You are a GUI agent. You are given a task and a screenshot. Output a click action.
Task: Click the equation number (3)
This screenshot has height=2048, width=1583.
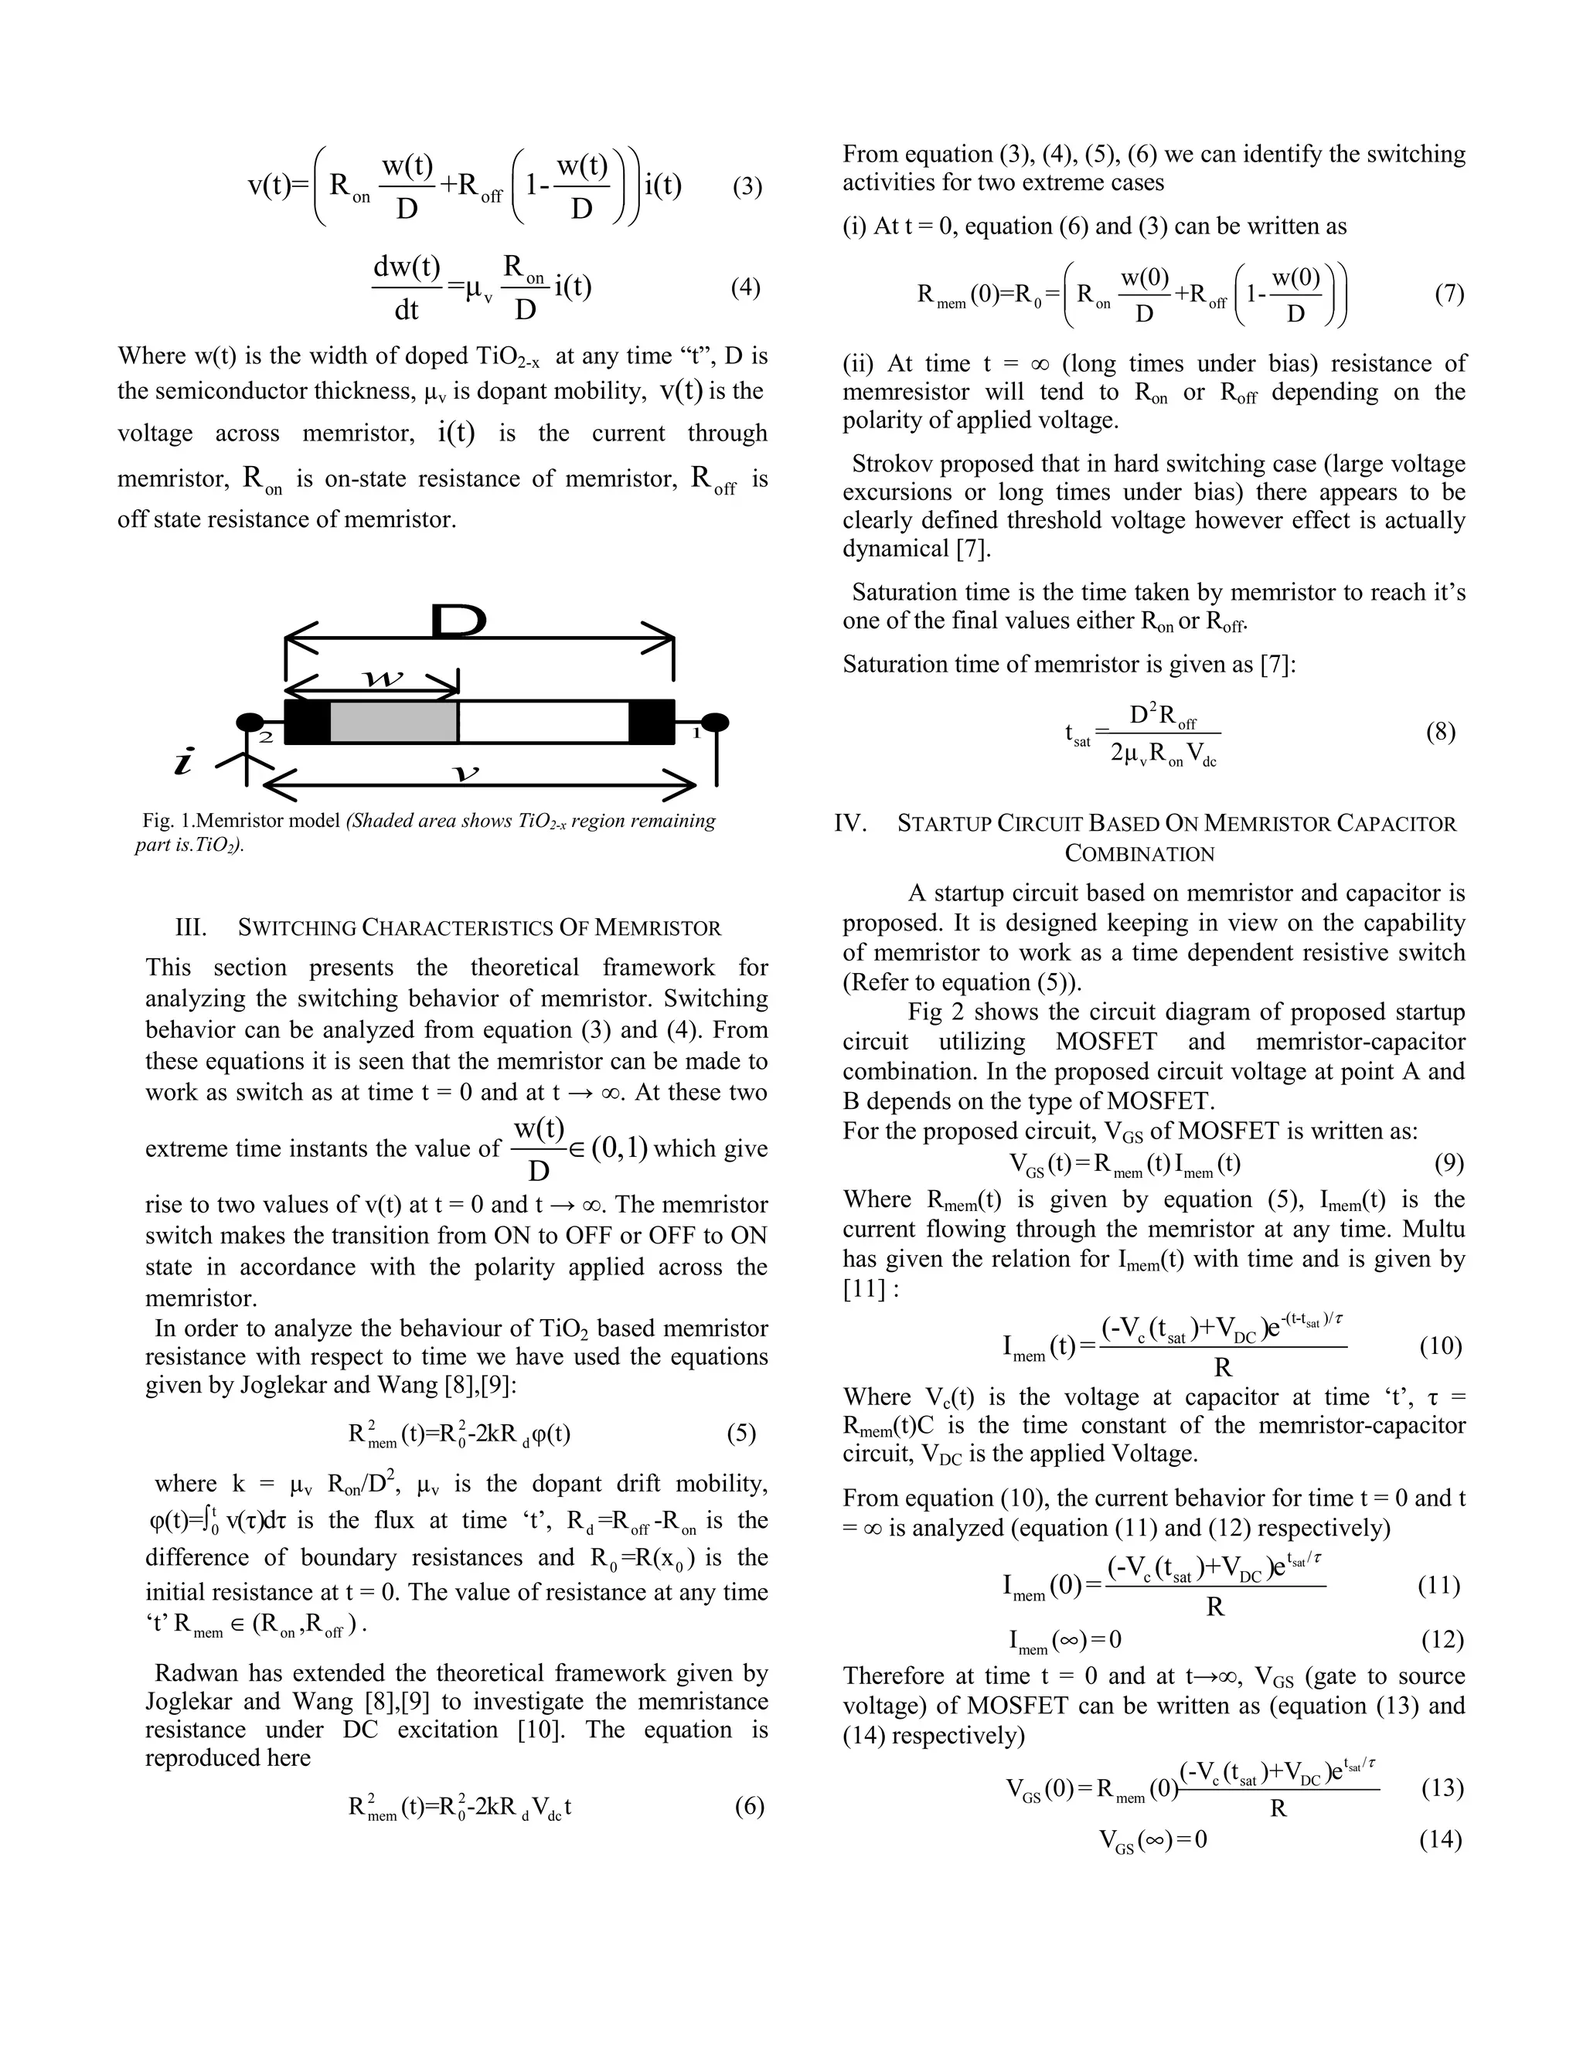click(x=747, y=186)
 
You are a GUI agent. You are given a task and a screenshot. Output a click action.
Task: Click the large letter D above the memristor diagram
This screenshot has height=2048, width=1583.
click(x=458, y=621)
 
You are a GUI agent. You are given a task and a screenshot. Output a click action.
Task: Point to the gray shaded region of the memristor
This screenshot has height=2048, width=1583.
click(x=394, y=722)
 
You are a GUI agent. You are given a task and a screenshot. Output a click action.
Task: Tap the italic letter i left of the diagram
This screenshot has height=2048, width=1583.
click(x=185, y=761)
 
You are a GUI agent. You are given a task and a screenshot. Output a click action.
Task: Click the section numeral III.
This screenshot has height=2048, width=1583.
click(x=190, y=928)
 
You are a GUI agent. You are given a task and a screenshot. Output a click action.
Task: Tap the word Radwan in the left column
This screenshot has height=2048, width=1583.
click(x=192, y=1673)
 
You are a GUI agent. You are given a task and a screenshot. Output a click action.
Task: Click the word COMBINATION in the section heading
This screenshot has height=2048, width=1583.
click(x=1139, y=853)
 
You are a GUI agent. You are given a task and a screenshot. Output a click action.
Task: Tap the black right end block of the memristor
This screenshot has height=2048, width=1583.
click(x=652, y=722)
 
